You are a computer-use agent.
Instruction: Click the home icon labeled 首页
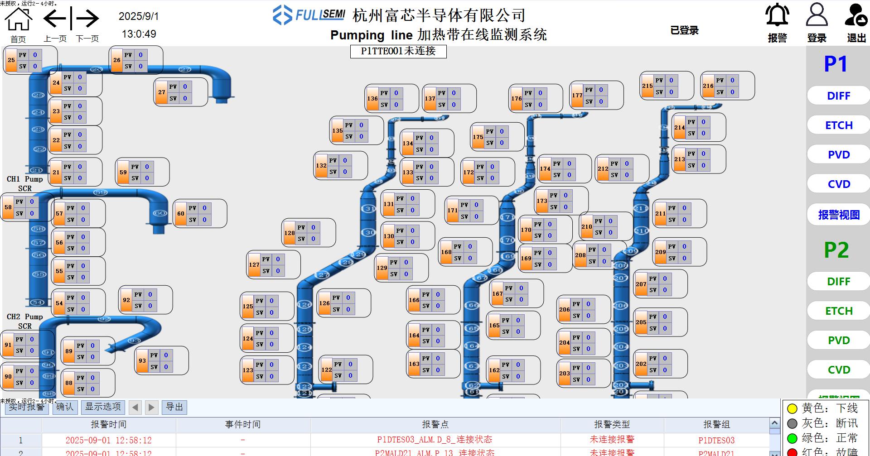[x=19, y=20]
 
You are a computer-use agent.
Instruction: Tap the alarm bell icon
[x=777, y=16]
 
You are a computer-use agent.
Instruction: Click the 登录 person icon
[x=817, y=16]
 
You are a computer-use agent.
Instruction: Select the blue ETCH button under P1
[x=838, y=125]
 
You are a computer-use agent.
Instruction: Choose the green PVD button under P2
[x=838, y=341]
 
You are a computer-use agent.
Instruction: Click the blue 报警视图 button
[x=838, y=215]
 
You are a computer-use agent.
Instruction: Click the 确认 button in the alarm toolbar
[x=65, y=407]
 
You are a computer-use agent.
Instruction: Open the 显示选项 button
[x=103, y=407]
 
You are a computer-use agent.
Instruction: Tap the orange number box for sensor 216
[x=708, y=86]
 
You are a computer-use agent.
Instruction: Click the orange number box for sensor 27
[x=161, y=92]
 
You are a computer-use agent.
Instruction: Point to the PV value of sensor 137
[x=454, y=93]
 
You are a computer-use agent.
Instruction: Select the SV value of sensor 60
[x=204, y=220]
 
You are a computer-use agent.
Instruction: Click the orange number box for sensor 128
[x=289, y=233]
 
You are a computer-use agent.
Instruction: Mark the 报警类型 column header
[x=612, y=424]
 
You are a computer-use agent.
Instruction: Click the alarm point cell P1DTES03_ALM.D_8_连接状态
[x=435, y=440]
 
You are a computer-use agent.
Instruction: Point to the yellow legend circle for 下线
[x=792, y=409]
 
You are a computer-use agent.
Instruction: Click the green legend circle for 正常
[x=792, y=438]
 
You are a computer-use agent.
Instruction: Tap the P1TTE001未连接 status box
[x=398, y=51]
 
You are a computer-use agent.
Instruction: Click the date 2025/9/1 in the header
[x=139, y=16]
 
